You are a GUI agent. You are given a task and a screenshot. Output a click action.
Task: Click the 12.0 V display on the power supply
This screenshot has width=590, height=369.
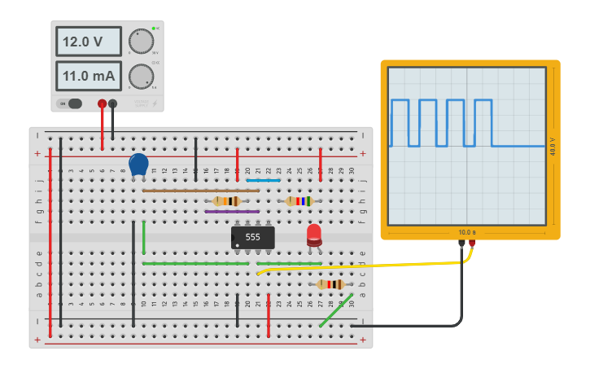pos(88,42)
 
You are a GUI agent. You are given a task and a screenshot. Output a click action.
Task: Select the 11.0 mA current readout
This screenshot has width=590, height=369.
pos(88,77)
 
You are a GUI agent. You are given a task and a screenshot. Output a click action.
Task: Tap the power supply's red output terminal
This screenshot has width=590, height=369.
pos(102,103)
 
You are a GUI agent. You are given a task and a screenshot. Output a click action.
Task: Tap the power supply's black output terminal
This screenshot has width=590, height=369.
pos(112,103)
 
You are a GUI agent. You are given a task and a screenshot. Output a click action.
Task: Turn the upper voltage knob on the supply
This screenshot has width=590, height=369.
pos(141,41)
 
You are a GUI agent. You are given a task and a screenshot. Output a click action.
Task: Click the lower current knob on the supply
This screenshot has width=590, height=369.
pos(141,76)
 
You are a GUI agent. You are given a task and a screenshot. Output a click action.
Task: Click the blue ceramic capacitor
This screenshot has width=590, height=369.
pos(138,165)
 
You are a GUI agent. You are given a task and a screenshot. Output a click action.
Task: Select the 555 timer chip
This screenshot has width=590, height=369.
pos(252,238)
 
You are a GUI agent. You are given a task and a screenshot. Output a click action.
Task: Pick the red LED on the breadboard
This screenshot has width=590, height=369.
pos(314,235)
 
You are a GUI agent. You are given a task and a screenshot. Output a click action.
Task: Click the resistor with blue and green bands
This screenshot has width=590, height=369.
pos(299,201)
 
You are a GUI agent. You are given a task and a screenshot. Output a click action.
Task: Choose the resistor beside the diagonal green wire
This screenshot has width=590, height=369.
pos(330,284)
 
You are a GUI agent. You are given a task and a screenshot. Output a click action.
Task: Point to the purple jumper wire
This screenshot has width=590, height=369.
pos(232,212)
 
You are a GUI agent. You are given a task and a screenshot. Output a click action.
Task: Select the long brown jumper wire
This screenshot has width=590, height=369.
pos(200,191)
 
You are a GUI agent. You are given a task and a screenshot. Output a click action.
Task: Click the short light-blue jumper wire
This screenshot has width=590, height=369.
pos(263,180)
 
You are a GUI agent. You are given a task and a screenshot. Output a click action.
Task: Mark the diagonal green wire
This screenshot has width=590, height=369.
pos(336,310)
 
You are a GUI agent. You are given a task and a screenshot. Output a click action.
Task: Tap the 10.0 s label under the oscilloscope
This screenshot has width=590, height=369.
pos(466,232)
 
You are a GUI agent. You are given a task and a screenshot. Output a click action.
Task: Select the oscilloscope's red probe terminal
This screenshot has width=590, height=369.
pos(472,243)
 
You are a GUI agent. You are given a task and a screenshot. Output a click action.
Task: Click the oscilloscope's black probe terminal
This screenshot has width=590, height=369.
pos(461,243)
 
